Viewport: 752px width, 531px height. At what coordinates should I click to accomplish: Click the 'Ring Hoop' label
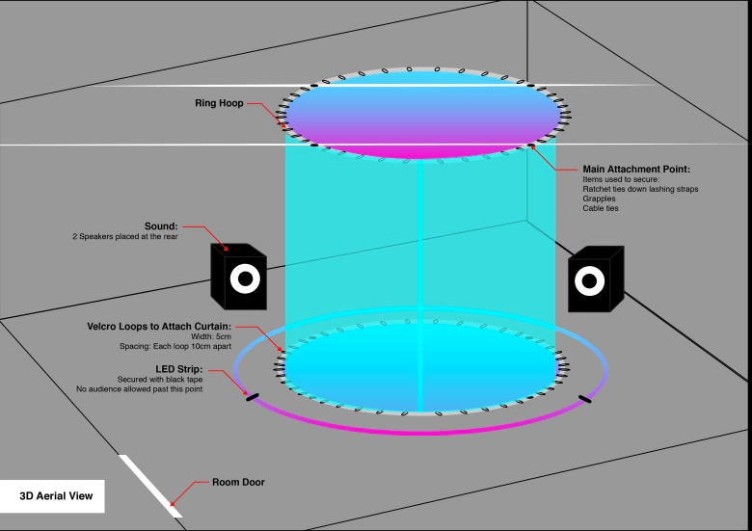pyautogui.click(x=218, y=102)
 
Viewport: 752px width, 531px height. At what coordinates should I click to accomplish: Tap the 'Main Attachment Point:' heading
pyautogui.click(x=636, y=169)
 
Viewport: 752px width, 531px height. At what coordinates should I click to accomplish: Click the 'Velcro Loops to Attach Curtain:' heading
pyautogui.click(x=157, y=327)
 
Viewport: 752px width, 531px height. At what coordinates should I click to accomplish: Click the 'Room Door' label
pyautogui.click(x=240, y=482)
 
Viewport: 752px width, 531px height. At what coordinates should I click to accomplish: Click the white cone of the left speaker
pyautogui.click(x=245, y=280)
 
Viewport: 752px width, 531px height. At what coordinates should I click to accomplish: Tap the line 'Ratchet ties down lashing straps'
pyautogui.click(x=640, y=189)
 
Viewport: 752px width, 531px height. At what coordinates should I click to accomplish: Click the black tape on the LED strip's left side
pyautogui.click(x=253, y=395)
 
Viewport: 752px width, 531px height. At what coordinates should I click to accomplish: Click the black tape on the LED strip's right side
pyautogui.click(x=584, y=398)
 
